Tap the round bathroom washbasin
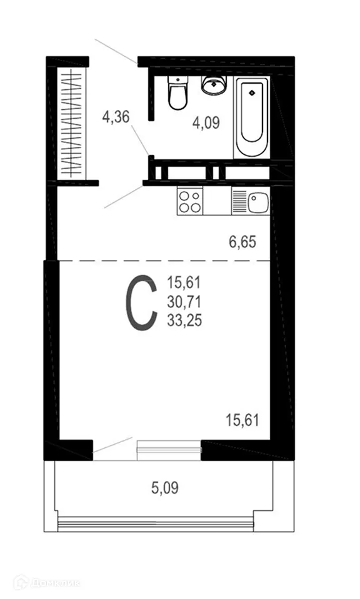(214, 85)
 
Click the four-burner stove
(190, 201)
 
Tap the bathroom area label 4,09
(206, 122)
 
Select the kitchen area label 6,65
(243, 242)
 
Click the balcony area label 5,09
(165, 487)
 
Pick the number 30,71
(184, 302)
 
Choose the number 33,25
(184, 320)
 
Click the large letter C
(142, 303)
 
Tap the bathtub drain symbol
(251, 92)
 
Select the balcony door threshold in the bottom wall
(169, 447)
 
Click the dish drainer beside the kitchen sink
(239, 202)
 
